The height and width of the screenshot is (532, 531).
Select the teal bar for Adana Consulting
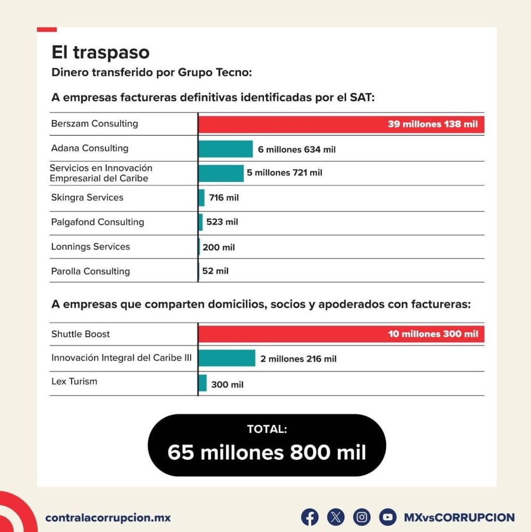(226, 149)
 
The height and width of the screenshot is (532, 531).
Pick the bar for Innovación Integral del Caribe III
(227, 358)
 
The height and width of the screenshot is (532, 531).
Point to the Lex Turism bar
(202, 383)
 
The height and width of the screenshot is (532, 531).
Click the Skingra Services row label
(87, 198)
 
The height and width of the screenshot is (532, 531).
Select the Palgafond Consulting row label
(98, 222)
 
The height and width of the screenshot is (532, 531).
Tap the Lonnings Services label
(90, 246)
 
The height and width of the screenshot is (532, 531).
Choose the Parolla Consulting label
(90, 271)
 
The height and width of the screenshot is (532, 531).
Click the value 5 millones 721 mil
(284, 173)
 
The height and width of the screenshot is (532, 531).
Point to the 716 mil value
(224, 198)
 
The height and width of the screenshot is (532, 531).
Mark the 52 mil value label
(216, 271)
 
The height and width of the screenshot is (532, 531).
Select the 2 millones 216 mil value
(298, 359)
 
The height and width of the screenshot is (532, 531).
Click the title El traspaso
(100, 53)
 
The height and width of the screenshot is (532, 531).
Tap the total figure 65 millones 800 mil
(267, 452)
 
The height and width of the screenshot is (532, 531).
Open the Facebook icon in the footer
(310, 517)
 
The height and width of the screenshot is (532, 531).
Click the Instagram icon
(362, 517)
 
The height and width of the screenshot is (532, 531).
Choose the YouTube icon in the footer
(388, 517)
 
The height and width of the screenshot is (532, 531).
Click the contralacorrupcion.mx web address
(108, 518)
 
